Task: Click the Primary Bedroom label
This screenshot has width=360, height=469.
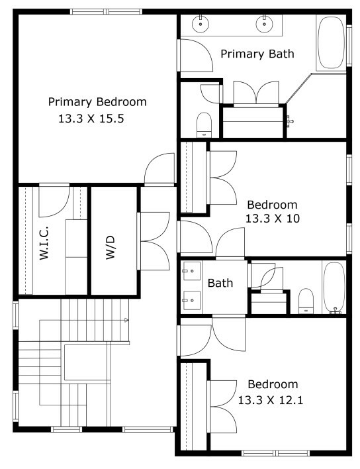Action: [x=97, y=102]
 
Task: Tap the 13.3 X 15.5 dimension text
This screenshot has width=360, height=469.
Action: [x=91, y=119]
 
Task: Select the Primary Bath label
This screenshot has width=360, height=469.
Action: [x=257, y=54]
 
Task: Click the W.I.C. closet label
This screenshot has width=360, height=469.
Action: [x=44, y=243]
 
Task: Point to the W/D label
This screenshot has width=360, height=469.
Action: [x=110, y=247]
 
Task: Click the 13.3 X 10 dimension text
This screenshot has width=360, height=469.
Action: [x=273, y=219]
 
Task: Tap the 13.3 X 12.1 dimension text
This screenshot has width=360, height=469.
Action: [x=271, y=400]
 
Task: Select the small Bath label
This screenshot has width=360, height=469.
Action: [x=220, y=283]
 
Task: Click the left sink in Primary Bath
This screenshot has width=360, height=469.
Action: [x=200, y=24]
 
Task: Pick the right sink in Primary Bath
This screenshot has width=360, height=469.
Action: [x=265, y=24]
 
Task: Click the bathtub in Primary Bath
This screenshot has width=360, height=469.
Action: [x=331, y=42]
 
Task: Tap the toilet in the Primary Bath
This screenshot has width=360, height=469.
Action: [x=204, y=125]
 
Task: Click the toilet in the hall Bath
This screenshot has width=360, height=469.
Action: [x=306, y=301]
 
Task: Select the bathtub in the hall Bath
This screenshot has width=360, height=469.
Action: [x=334, y=287]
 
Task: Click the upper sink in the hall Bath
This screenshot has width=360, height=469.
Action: [x=191, y=271]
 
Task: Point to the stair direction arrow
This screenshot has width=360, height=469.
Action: [x=126, y=320]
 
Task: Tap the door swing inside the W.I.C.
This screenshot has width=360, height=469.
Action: [x=54, y=201]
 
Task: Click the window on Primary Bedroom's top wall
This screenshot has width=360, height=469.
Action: [x=106, y=12]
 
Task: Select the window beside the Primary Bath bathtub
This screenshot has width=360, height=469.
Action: [x=349, y=46]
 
